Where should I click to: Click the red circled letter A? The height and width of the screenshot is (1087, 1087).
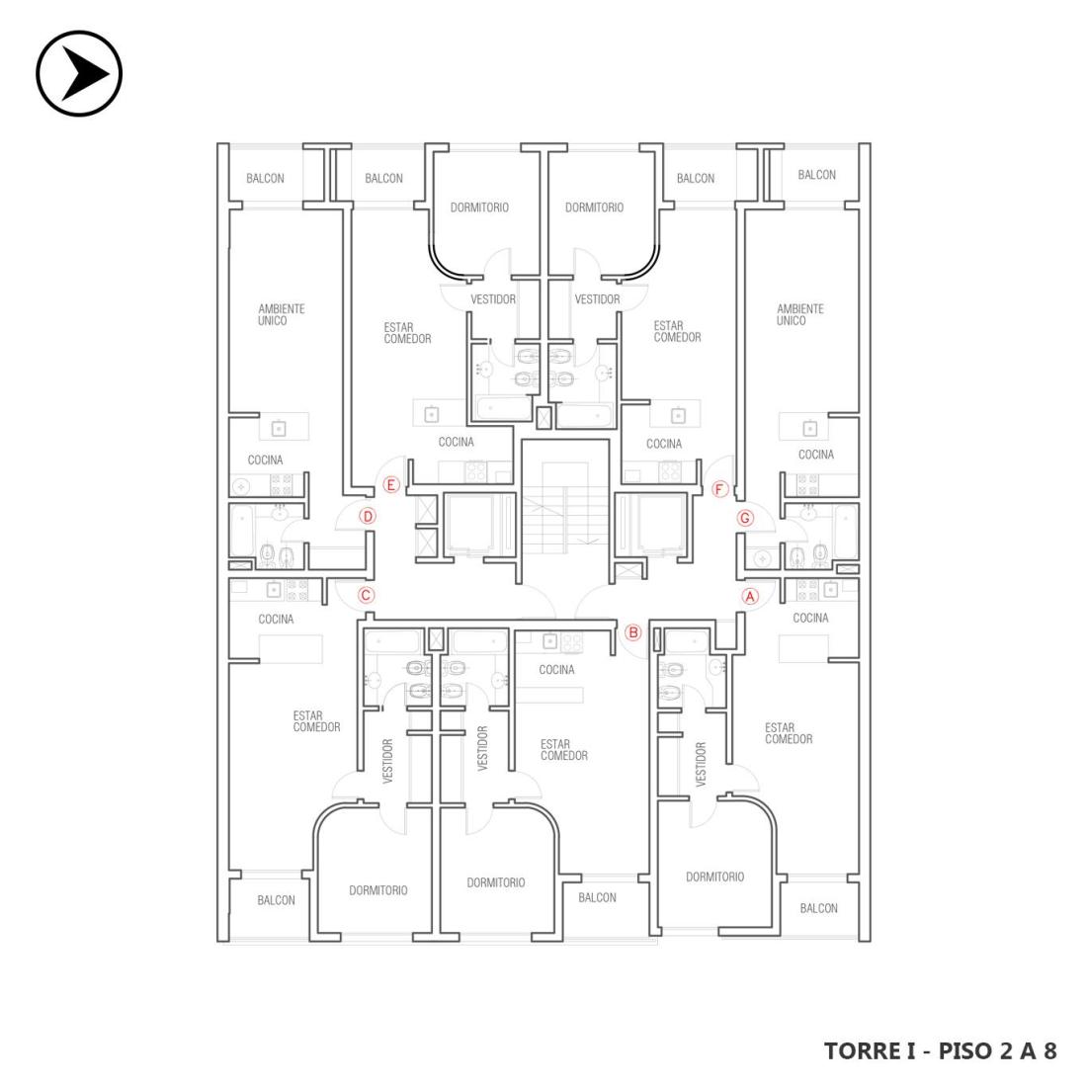click(x=750, y=596)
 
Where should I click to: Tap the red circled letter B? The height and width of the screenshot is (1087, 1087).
click(x=632, y=632)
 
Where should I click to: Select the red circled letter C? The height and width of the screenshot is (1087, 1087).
click(x=366, y=595)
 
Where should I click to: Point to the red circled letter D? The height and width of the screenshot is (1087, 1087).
click(x=369, y=517)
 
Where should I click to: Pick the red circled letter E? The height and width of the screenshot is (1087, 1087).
click(x=391, y=485)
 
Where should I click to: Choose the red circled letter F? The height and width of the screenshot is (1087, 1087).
click(x=719, y=489)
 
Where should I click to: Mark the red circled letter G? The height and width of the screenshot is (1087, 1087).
click(x=745, y=518)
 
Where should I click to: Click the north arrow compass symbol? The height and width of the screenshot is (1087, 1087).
click(x=79, y=73)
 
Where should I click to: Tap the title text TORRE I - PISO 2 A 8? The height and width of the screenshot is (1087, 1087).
click(x=940, y=1051)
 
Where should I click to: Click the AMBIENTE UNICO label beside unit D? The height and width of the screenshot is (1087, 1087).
click(x=281, y=314)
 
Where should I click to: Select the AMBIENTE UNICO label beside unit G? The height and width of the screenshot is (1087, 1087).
click(x=800, y=314)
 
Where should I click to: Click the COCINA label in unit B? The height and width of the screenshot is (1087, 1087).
click(x=556, y=670)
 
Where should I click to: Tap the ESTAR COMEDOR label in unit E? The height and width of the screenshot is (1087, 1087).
click(x=407, y=333)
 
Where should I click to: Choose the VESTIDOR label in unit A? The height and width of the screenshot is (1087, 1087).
click(x=701, y=764)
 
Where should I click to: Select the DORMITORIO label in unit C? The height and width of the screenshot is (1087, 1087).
click(x=377, y=890)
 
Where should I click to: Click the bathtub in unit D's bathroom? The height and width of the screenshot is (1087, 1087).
click(x=242, y=531)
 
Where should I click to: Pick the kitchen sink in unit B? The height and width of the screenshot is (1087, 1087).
click(x=549, y=641)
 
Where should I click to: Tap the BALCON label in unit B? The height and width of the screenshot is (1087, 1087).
click(x=597, y=897)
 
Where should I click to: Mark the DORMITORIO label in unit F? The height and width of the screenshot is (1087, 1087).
click(x=594, y=208)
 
